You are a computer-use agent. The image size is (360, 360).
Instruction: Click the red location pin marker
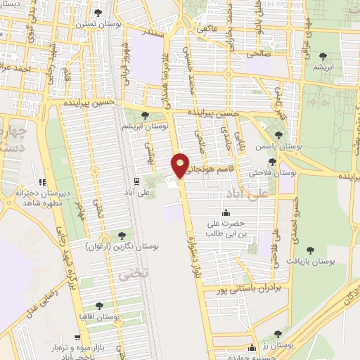pos(181,165)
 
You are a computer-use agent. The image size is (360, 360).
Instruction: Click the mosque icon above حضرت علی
pos(226,213)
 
